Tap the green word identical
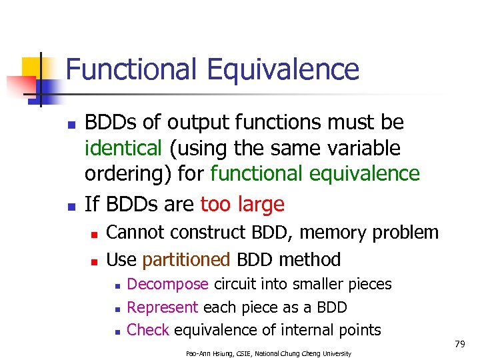click(x=123, y=148)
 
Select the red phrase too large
click(x=243, y=203)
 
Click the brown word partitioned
click(x=186, y=259)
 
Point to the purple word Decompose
click(x=167, y=285)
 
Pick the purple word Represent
click(x=162, y=307)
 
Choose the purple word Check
click(x=147, y=330)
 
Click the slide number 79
click(x=459, y=344)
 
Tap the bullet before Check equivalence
click(x=116, y=331)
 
